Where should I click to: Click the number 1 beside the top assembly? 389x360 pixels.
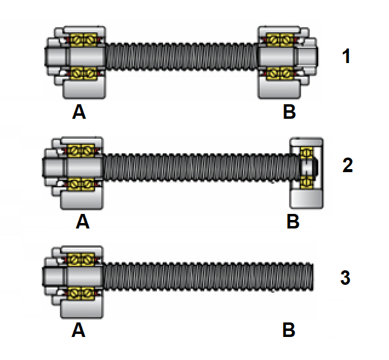[x=346, y=57]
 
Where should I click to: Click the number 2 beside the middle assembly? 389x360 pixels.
[x=347, y=165]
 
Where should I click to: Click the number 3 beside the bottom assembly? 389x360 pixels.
[x=345, y=278]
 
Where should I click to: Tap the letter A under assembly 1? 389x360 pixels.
[x=79, y=112]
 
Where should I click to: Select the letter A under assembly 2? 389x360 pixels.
[x=82, y=222]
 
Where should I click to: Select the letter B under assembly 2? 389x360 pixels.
[x=293, y=222]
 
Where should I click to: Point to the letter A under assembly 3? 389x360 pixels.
[x=79, y=330]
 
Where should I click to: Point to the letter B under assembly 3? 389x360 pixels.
[x=289, y=330]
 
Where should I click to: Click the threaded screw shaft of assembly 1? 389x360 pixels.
[x=182, y=57]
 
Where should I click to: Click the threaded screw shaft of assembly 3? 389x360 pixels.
[x=206, y=277]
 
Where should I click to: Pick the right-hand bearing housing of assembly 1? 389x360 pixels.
[x=279, y=88]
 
